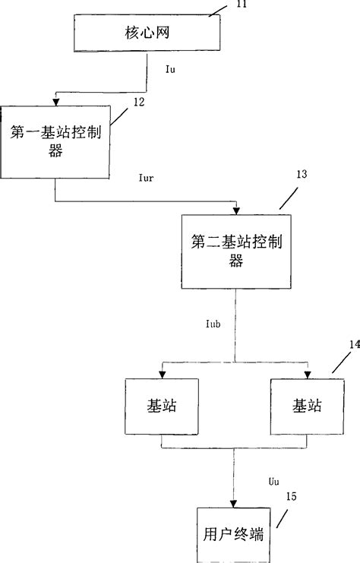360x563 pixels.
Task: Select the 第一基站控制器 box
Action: [56, 140]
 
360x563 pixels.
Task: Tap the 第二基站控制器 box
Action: [235, 251]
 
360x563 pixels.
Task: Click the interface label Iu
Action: [171, 69]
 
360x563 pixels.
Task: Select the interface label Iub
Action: [213, 324]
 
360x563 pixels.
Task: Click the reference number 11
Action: [242, 5]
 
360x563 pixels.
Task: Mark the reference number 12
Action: [138, 101]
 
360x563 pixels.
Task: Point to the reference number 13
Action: [302, 174]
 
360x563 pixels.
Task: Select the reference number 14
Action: [354, 344]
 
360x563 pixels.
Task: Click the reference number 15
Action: [292, 497]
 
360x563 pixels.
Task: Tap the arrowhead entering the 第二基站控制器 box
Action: [235, 210]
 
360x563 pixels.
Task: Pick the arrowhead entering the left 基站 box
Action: [160, 373]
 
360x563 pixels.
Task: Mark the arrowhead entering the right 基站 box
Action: [306, 373]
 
